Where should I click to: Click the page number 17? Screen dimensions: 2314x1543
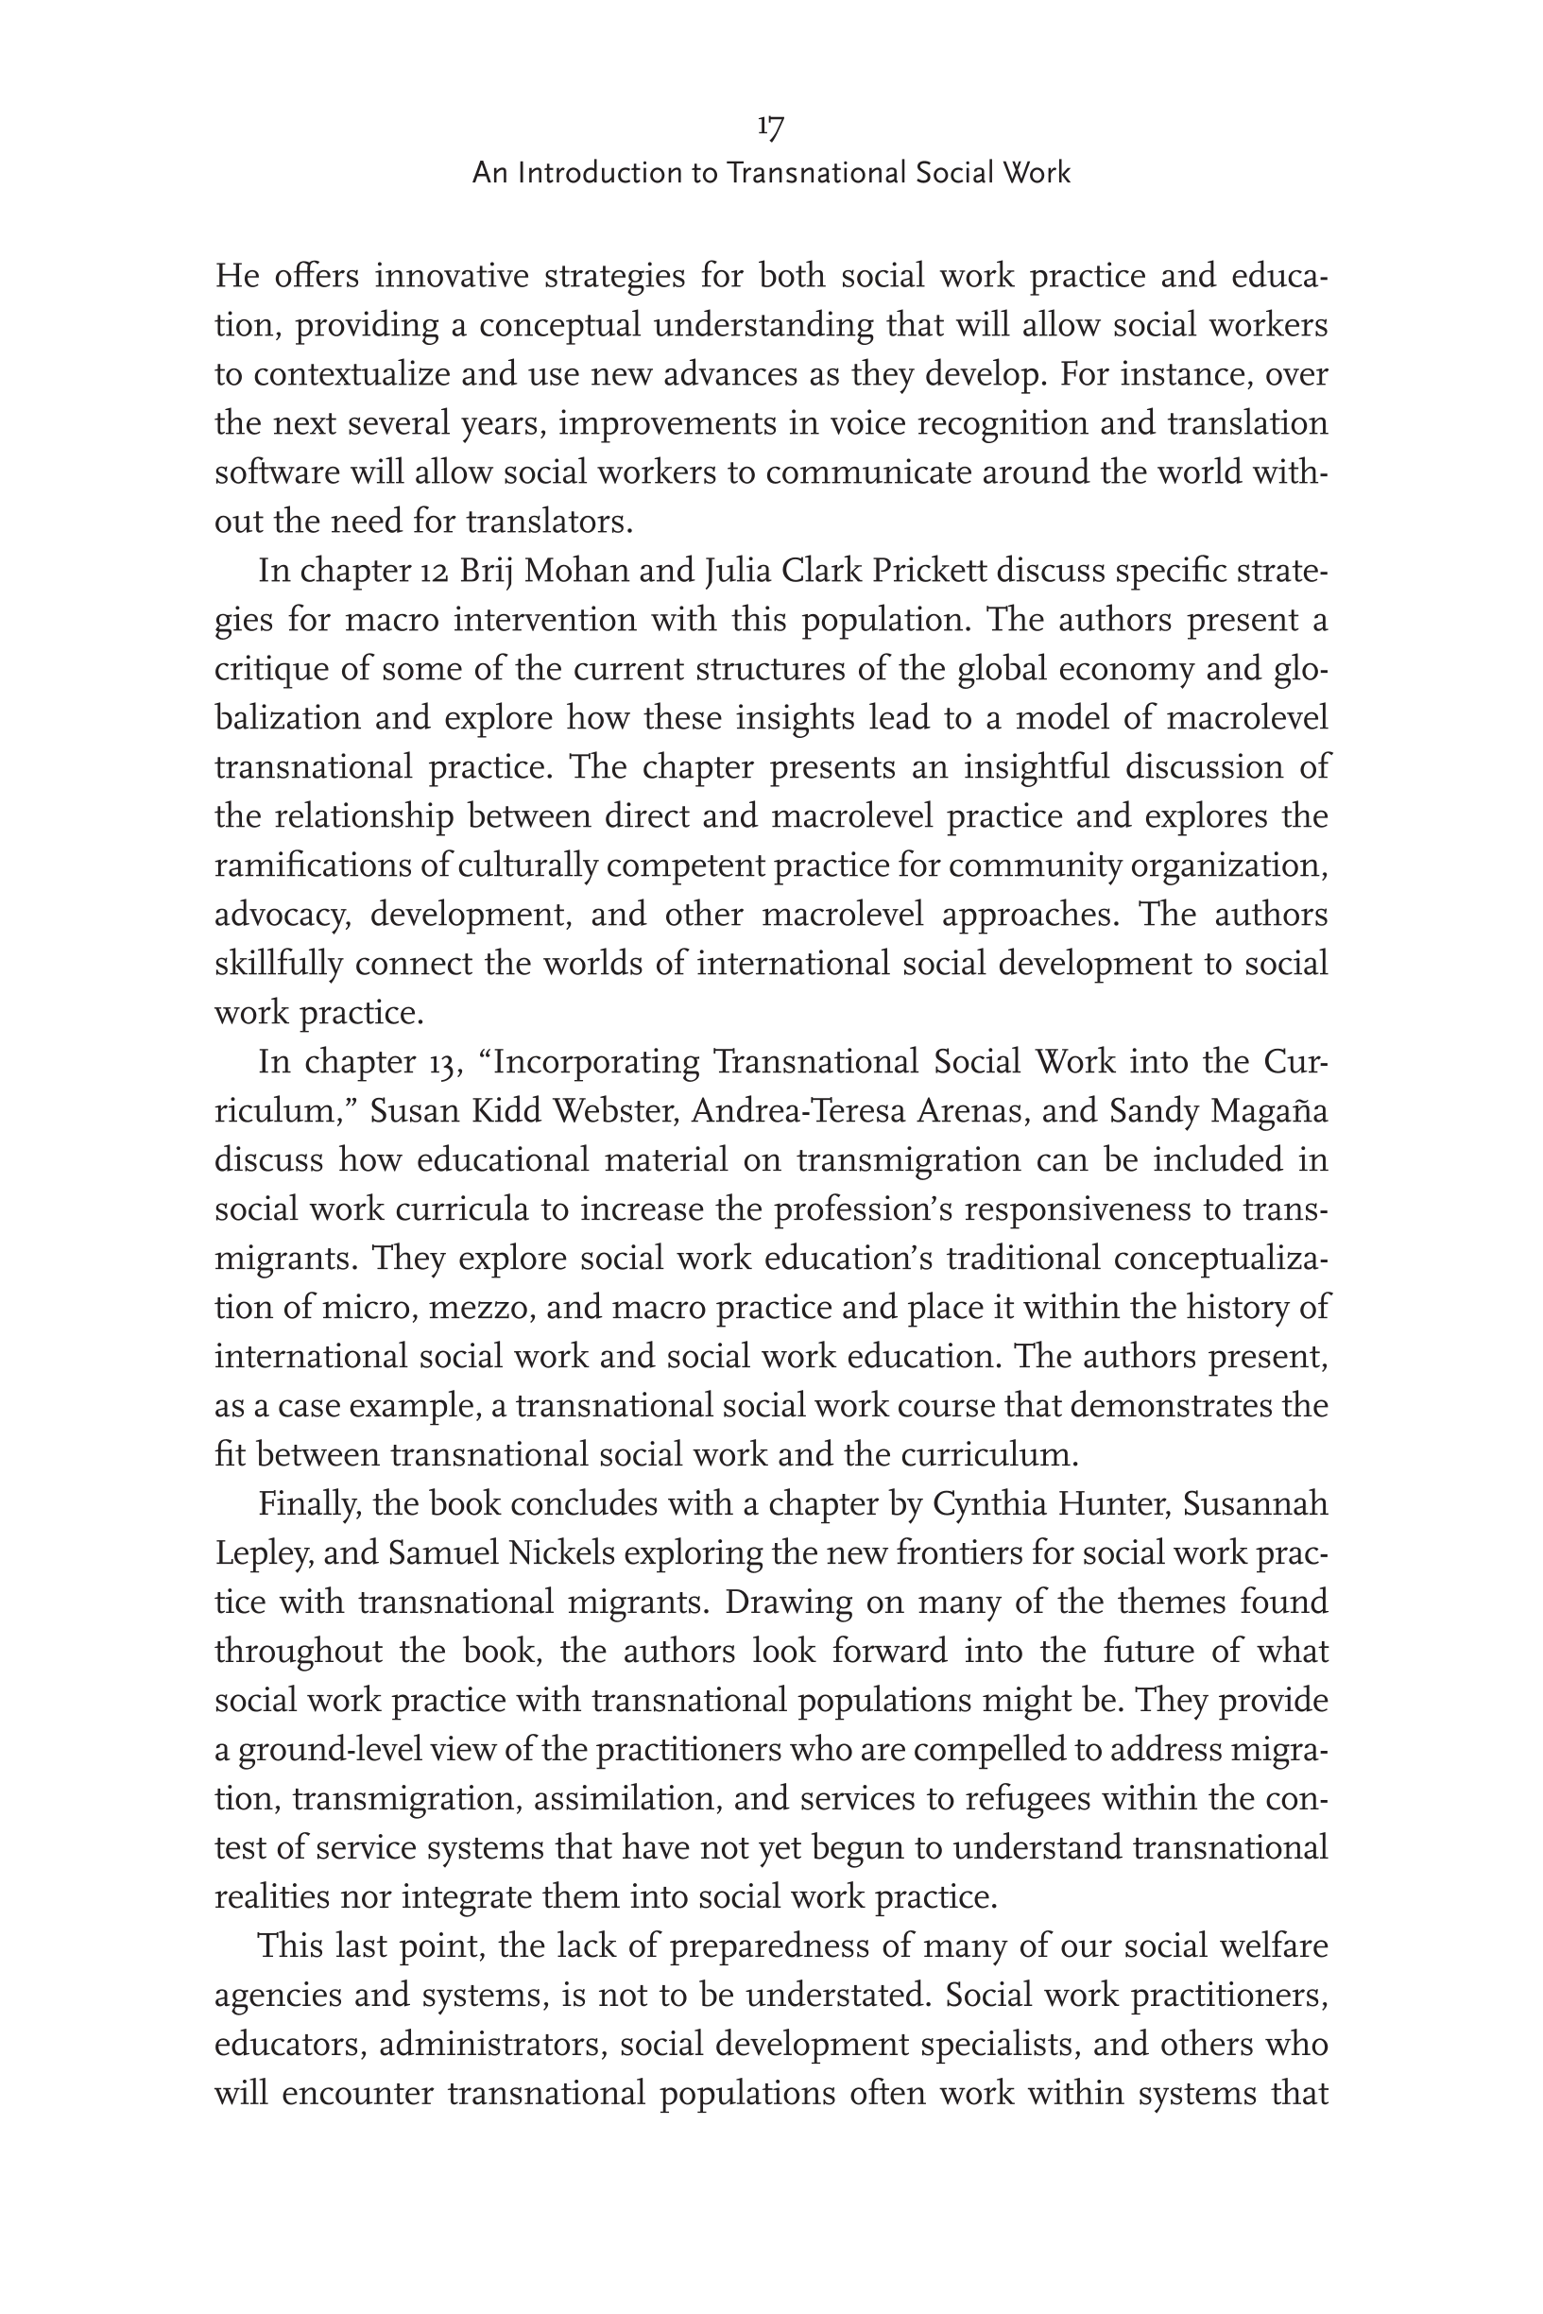click(770, 126)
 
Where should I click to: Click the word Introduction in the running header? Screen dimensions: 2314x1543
click(603, 173)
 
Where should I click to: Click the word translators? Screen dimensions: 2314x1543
click(547, 522)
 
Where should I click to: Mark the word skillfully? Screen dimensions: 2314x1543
click(278, 964)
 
